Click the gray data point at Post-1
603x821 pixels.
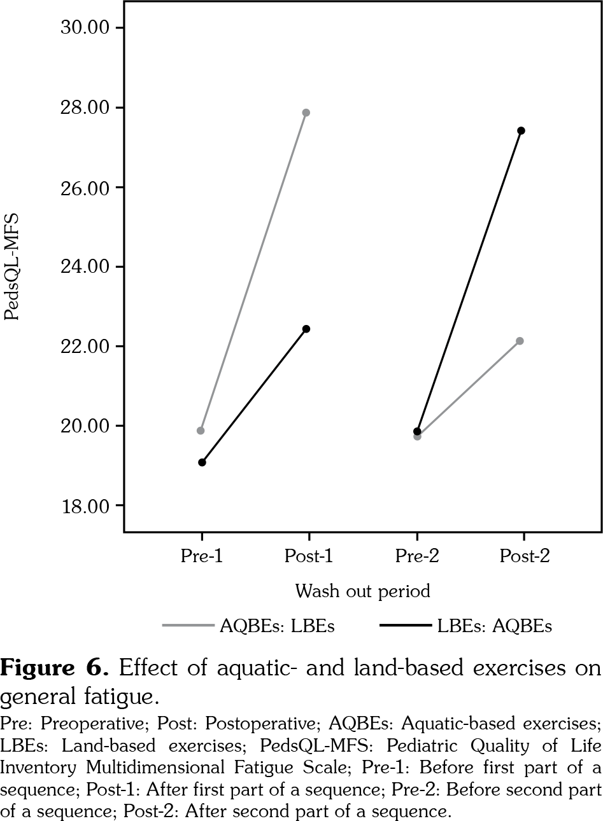pos(306,113)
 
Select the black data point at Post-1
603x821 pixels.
pos(306,329)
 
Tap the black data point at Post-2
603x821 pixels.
pos(521,130)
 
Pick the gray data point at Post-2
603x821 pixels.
pos(520,341)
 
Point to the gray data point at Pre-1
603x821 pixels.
pos(201,431)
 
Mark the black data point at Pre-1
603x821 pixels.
pos(202,462)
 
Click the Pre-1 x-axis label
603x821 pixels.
pos(202,556)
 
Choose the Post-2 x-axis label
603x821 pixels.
pos(524,556)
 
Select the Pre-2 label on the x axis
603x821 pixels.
pos(416,556)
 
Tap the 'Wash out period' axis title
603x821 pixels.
pos(362,591)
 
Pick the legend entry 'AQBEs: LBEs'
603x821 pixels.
pos(277,626)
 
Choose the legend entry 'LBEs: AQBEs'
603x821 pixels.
pos(494,626)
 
